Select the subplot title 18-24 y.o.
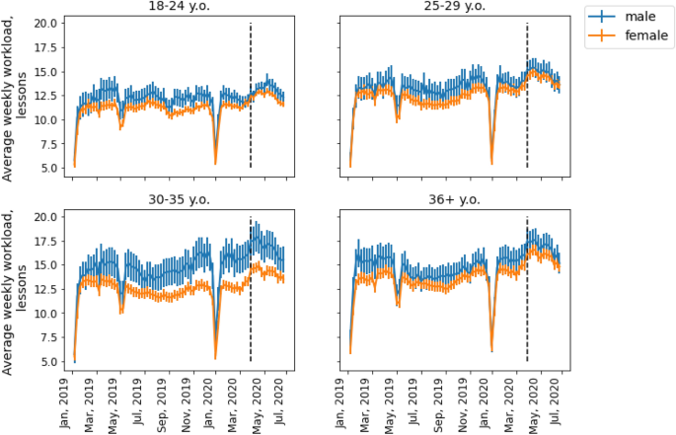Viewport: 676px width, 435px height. click(179, 8)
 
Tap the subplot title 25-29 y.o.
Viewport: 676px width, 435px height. click(455, 8)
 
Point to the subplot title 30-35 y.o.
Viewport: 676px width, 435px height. click(179, 199)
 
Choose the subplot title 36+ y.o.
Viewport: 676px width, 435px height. click(455, 199)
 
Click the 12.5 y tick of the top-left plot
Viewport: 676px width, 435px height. click(45, 96)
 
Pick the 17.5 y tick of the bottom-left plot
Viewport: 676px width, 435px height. click(45, 241)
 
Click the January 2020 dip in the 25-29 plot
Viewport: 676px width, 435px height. click(491, 158)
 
